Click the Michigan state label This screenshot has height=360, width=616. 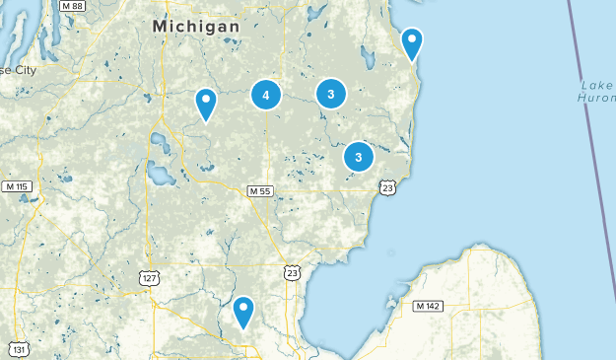pyautogui.click(x=197, y=27)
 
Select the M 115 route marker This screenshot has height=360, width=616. pyautogui.click(x=17, y=186)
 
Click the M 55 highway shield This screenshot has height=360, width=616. pyautogui.click(x=259, y=190)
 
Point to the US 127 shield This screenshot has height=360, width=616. pyautogui.click(x=149, y=279)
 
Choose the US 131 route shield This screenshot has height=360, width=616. pyautogui.click(x=18, y=348)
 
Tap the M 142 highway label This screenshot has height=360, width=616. pyautogui.click(x=429, y=306)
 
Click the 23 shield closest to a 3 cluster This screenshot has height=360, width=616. pyautogui.click(x=388, y=187)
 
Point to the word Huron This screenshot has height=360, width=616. pyautogui.click(x=597, y=97)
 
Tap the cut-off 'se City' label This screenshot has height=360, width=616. pyautogui.click(x=19, y=71)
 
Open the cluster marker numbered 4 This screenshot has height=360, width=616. pyautogui.click(x=266, y=95)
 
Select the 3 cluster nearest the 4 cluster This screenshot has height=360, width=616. pyautogui.click(x=331, y=95)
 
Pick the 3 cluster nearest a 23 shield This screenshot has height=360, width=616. pyautogui.click(x=359, y=157)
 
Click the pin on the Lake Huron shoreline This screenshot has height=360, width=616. pyautogui.click(x=412, y=42)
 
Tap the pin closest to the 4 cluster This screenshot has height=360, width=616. pyautogui.click(x=205, y=102)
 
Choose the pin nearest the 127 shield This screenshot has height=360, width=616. pyautogui.click(x=243, y=312)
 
